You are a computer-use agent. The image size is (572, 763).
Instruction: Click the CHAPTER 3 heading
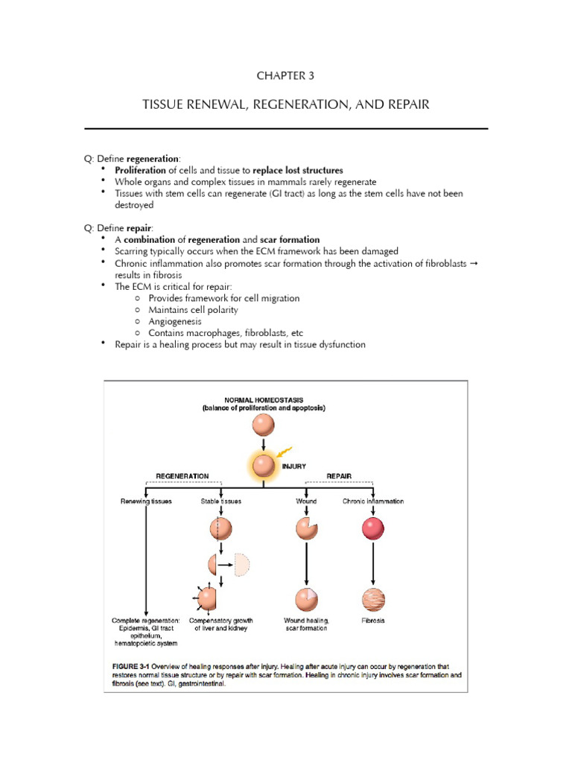coord(286,76)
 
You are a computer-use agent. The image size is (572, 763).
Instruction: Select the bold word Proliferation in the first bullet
coord(144,170)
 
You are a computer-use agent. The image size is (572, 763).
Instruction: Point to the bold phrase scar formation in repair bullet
coord(290,239)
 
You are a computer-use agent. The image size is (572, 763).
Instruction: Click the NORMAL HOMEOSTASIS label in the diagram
coord(263,400)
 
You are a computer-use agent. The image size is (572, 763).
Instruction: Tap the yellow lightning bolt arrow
coord(284,452)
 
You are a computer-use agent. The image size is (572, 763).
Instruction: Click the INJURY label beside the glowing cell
coord(293,466)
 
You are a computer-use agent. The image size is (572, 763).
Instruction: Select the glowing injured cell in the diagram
coord(263,466)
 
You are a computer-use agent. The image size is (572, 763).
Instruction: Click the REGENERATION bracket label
coord(182,475)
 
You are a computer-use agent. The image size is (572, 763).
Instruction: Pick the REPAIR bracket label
coord(339,475)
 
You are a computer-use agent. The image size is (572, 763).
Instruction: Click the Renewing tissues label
coord(146,501)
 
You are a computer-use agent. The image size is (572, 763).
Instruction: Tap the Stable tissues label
coord(220,501)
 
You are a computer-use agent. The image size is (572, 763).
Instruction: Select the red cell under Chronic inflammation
coord(372,528)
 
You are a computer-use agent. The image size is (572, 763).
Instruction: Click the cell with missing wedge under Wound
coord(306,528)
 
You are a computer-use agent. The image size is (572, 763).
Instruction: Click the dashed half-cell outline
coord(240,565)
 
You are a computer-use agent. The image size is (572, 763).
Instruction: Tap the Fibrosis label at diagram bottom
coord(372,621)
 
